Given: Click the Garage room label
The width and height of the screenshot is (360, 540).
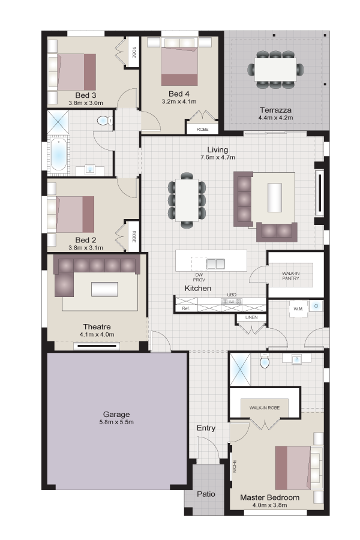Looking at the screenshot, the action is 116,414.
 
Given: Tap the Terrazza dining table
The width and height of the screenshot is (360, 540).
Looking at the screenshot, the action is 275,69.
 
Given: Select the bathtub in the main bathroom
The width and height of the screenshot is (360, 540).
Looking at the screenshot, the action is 58,155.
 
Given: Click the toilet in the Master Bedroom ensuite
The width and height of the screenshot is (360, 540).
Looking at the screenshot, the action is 265,362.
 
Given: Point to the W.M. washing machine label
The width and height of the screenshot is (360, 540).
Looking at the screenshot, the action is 298,309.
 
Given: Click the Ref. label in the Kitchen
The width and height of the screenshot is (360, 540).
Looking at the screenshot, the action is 185,308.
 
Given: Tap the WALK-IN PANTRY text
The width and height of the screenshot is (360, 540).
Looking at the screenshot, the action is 290,275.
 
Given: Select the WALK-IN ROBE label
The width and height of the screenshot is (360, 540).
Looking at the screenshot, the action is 264,408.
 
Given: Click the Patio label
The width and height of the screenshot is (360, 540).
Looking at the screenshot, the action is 206,494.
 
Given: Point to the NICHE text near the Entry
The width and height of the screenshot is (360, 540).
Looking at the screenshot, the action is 235,467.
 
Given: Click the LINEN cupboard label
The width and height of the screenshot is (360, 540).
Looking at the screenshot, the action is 251,317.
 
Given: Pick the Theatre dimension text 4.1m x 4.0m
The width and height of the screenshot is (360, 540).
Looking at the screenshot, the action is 97,334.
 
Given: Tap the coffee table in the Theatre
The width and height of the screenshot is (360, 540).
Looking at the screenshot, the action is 104,289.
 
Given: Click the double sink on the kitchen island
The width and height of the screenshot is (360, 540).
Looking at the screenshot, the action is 215,264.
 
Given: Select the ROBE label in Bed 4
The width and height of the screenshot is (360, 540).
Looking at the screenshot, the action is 202,129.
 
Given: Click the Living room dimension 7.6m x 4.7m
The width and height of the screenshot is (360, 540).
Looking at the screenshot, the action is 218,157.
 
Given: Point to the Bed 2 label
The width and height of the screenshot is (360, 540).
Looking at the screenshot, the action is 86,240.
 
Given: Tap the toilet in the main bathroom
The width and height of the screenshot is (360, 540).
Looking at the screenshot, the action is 105,121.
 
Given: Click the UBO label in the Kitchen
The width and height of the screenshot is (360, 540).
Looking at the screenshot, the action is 232,295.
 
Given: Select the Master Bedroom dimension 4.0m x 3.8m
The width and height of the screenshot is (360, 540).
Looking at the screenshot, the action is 269,505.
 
